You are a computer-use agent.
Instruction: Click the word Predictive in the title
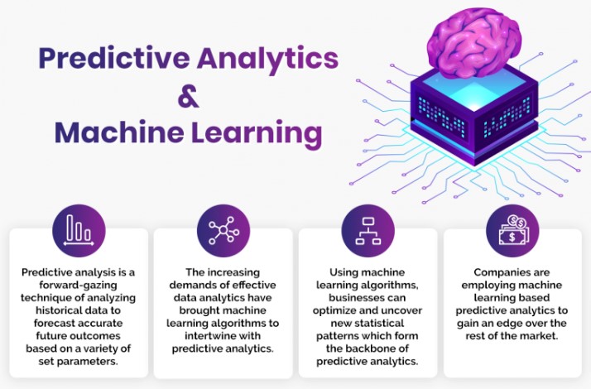coord(114,58)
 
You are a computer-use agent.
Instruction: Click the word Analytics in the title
coord(267,59)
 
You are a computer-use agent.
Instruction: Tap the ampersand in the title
coord(188,97)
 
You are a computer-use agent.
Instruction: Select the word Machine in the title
coord(119,132)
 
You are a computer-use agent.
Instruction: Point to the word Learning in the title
coord(257,134)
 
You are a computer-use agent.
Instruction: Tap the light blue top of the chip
coord(473,89)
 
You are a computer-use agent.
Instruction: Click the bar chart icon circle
coord(79,231)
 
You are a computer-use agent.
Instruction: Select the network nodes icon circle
coord(223,231)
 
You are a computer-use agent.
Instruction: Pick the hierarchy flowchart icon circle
coord(368,231)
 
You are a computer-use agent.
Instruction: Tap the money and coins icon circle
coord(512,231)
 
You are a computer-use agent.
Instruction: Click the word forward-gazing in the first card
coord(78,286)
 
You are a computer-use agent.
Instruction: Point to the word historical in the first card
coord(59,310)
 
